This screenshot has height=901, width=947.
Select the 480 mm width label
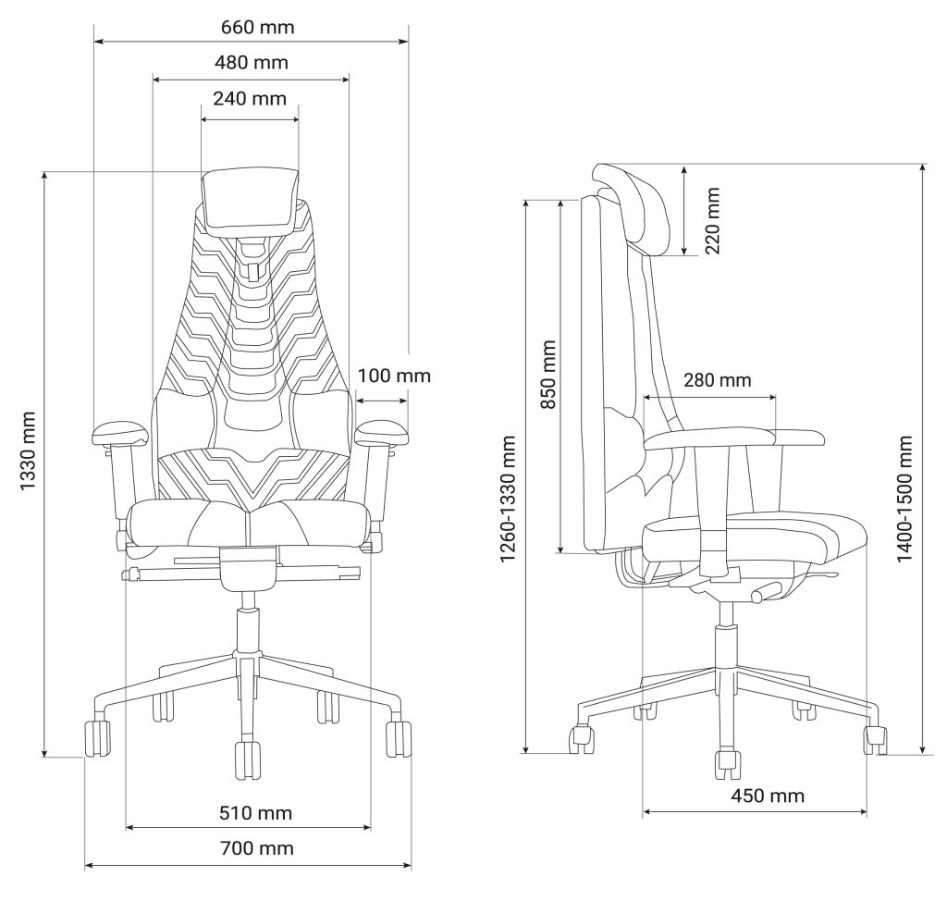pyautogui.click(x=252, y=63)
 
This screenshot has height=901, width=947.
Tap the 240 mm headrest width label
pyautogui.click(x=250, y=98)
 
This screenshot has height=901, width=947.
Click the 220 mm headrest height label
pyautogui.click(x=711, y=221)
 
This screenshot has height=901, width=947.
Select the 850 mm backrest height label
pyautogui.click(x=547, y=375)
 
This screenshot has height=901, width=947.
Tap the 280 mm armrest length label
pyautogui.click(x=717, y=380)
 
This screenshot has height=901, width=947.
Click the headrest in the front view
pyautogui.click(x=250, y=200)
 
